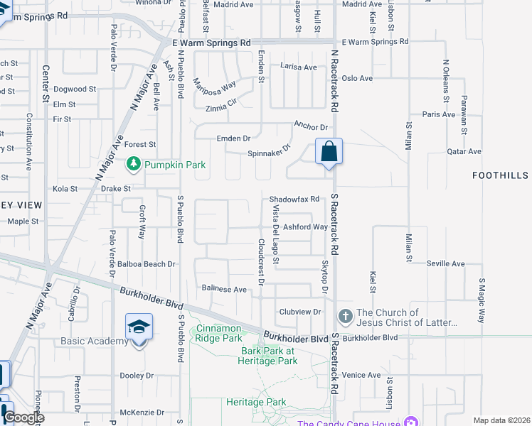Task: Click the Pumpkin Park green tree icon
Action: point(133,165)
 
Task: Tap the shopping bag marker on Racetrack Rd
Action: point(329,152)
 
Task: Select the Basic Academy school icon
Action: point(139,327)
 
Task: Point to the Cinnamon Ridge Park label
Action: point(220,334)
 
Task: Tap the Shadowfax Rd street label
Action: point(294,200)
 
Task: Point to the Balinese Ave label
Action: point(224,289)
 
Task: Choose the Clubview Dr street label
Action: point(301,312)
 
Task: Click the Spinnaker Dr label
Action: point(270,151)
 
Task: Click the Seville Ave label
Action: point(445,263)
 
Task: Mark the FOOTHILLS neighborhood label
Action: point(501,175)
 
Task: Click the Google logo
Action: point(23,417)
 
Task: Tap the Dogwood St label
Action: point(75,89)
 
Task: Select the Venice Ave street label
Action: point(361,375)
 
